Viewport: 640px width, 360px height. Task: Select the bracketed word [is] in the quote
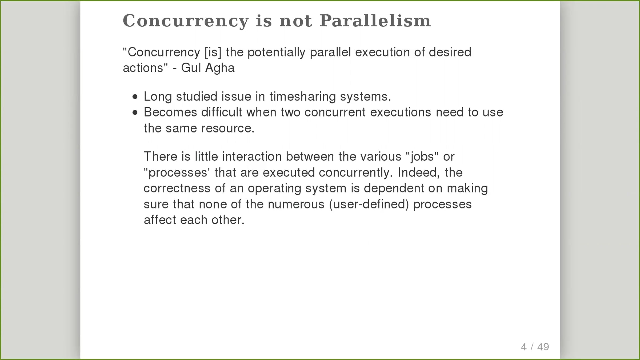213,52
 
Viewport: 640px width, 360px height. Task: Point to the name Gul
191,68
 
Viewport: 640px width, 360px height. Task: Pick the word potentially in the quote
277,53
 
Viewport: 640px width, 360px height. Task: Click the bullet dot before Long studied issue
135,97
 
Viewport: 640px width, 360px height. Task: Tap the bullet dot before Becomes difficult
135,113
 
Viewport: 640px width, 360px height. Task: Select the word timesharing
302,97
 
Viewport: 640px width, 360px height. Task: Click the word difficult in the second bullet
222,112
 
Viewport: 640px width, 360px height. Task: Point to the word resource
228,129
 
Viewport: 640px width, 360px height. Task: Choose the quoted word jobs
422,157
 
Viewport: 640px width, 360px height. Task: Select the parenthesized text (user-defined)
369,205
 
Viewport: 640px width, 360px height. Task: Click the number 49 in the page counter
543,347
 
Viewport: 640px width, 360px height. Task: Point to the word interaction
252,157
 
